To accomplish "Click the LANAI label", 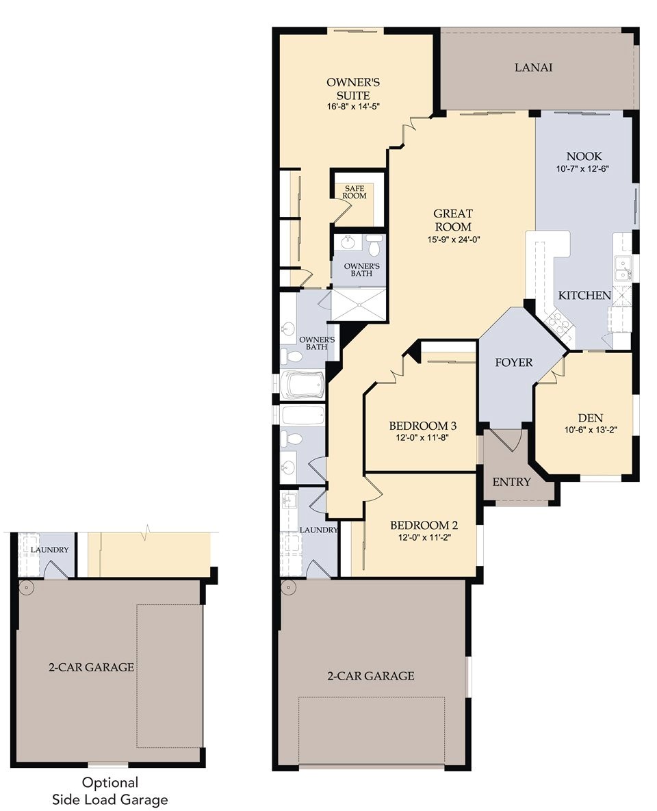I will click(533, 68).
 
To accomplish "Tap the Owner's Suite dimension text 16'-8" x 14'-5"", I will click(353, 107).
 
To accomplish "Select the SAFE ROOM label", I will click(355, 192).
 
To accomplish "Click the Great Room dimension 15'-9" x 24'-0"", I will click(452, 239).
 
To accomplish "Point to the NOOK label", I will click(584, 156).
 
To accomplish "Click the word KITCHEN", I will click(584, 296).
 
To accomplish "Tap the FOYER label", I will click(513, 363).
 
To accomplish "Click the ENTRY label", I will click(511, 482).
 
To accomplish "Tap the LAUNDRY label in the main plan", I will click(318, 530).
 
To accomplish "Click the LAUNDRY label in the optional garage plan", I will click(49, 550).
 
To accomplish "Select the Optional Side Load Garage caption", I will click(110, 790).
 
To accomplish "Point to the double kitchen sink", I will click(623, 268).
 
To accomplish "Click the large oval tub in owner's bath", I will click(302, 384).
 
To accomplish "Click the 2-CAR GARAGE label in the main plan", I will click(370, 675).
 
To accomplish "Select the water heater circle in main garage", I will click(286, 587).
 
